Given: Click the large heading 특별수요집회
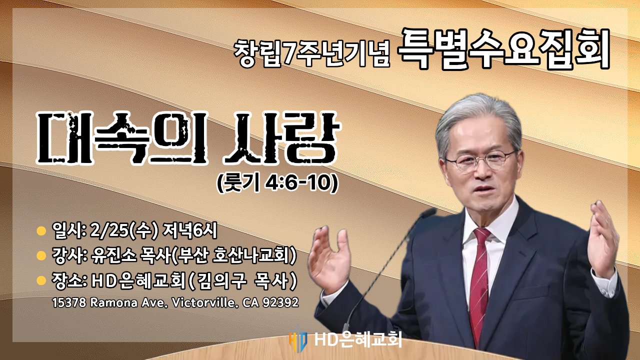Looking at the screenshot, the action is [x=503, y=48].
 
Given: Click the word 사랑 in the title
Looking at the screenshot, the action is [x=281, y=138].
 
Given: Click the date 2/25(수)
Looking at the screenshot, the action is [x=124, y=231].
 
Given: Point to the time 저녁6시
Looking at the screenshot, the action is [x=190, y=230].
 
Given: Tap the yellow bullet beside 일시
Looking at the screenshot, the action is [x=41, y=231].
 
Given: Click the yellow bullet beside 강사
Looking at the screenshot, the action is [x=41, y=255].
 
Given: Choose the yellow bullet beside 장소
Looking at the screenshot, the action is [x=41, y=280].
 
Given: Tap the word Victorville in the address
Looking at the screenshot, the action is [x=205, y=303].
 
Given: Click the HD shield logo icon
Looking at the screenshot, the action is [x=298, y=339].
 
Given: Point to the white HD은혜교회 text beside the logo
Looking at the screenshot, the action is [x=358, y=339].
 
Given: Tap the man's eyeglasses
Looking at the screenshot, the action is [x=480, y=161].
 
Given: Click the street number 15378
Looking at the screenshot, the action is [x=69, y=303].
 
